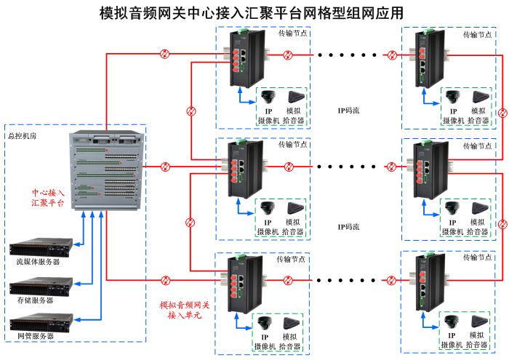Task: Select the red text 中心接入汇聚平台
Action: tap(47, 198)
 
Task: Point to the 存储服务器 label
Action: tap(35, 299)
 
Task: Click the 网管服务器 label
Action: tap(35, 336)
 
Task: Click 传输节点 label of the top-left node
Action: tap(292, 33)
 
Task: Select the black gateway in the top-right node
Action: tap(425, 55)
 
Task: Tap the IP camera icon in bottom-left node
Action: tap(268, 324)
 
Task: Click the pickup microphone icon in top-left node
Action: tap(295, 97)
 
